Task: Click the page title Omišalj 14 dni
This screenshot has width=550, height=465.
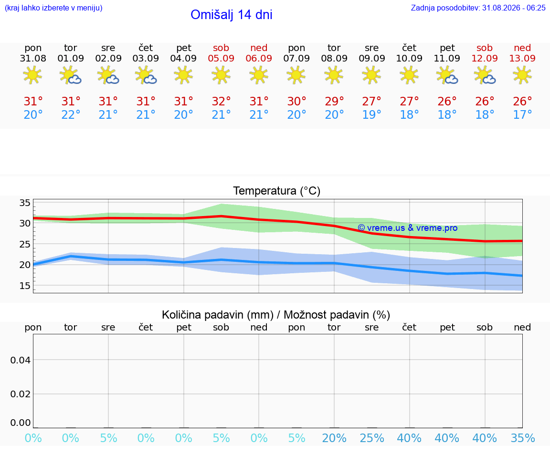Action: coord(232,15)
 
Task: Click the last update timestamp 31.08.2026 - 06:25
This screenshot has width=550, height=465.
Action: coord(514,8)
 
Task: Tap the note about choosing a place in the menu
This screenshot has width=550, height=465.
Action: coord(53,8)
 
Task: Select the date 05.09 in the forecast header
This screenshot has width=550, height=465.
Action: coord(221,58)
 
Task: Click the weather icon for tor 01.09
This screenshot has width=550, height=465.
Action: coord(71,75)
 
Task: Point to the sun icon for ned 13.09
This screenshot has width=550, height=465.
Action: coord(522,75)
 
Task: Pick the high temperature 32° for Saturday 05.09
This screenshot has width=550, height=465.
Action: coord(222,101)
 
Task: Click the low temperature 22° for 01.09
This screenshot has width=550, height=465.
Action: coord(71,114)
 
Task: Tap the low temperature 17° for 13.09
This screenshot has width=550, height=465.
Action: coord(523,114)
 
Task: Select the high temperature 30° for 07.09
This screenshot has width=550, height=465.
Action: coord(297,101)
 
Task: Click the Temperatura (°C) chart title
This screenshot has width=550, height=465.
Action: coord(277,191)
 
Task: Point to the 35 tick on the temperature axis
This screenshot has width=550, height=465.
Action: coord(25,203)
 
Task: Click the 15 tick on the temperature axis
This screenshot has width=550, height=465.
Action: coord(25,286)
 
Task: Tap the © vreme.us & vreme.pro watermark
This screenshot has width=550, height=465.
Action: coord(408,228)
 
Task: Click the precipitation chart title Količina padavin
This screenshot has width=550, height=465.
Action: coord(218,315)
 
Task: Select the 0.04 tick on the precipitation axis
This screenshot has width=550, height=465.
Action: coord(21,360)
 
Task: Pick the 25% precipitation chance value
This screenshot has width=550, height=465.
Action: coord(372,438)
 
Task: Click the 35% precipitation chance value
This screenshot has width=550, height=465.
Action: coord(523,438)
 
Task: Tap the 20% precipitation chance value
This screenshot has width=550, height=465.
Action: coord(334,438)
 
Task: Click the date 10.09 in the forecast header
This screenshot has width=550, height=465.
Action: coord(409,58)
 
